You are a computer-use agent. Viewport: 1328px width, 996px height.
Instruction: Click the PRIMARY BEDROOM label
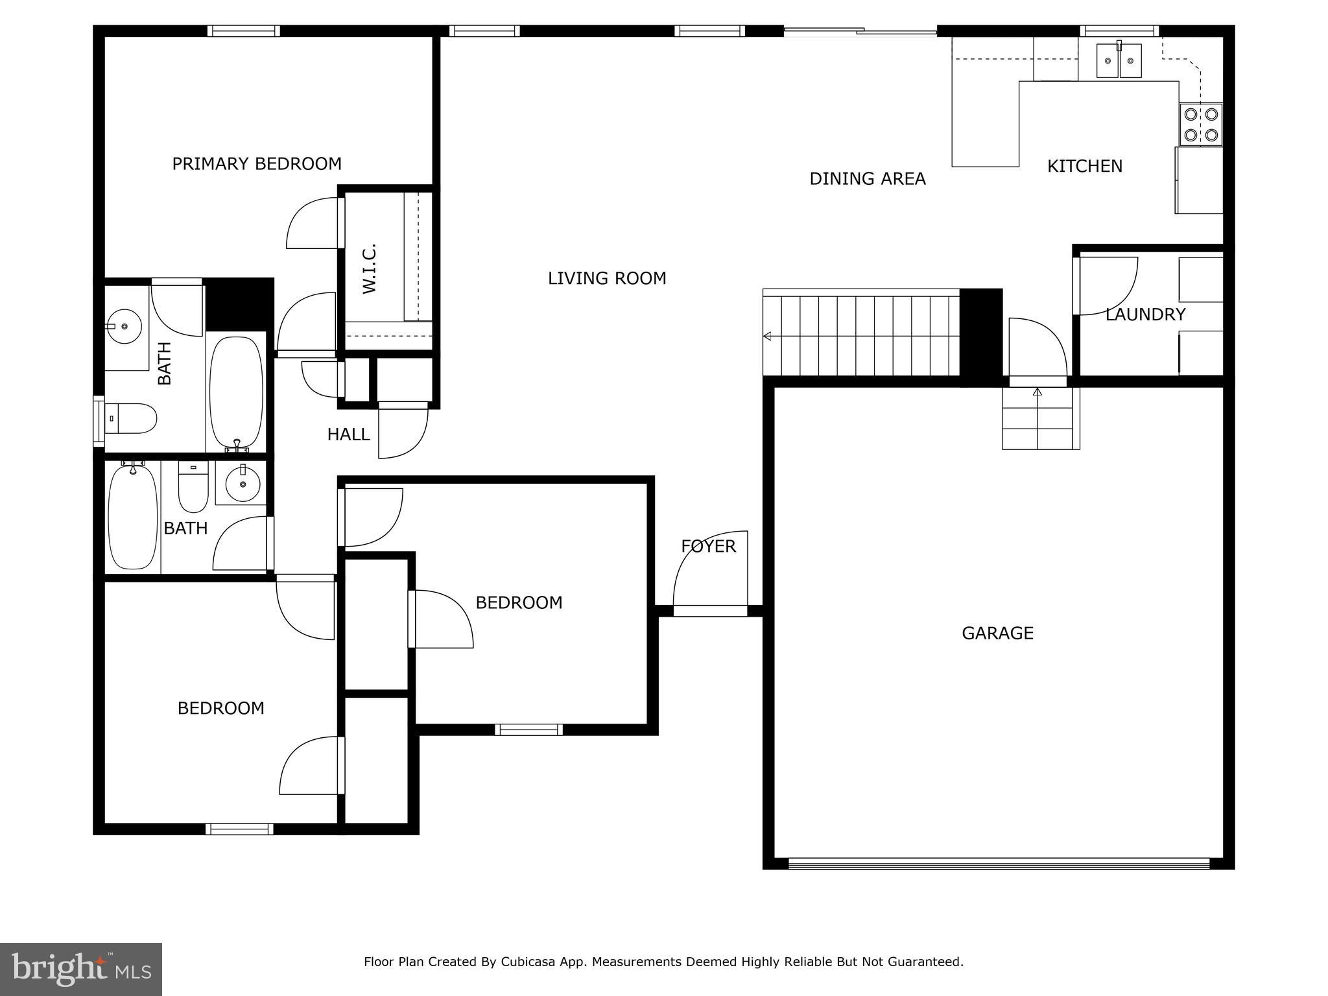256,163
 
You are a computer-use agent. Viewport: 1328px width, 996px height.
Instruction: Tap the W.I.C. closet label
370,268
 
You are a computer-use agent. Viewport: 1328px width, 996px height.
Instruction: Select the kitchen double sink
1119,61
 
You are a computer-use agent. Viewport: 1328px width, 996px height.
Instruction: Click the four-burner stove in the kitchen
1201,124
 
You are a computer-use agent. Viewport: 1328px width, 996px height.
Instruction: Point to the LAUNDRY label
1145,314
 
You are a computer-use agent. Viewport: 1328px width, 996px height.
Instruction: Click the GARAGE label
997,633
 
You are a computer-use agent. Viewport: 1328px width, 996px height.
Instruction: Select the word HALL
348,434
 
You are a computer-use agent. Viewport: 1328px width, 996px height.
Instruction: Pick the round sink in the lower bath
243,483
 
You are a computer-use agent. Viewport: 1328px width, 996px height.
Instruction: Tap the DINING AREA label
867,179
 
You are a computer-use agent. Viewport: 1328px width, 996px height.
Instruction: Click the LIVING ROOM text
607,278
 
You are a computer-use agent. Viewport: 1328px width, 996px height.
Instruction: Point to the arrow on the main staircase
768,336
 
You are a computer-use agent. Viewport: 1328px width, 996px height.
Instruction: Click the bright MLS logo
80,969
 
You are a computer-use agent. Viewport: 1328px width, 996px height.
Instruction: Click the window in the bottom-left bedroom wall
239,829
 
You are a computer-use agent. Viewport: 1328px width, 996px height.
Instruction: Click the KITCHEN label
1084,167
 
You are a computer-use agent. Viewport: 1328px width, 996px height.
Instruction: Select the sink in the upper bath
124,326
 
